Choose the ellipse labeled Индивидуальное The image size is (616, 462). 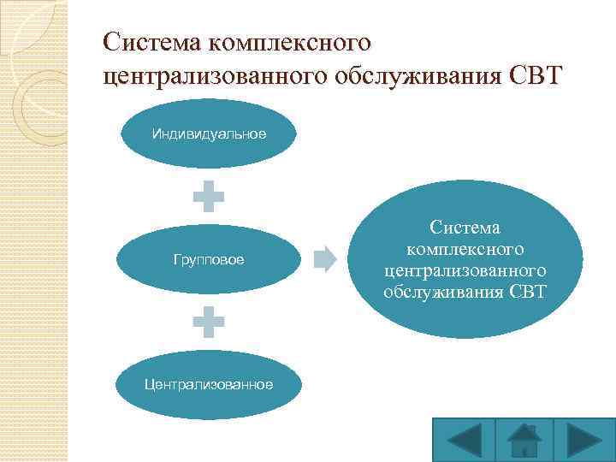click(209, 133)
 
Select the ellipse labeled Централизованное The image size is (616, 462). click(209, 384)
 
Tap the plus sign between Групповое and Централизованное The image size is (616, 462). click(209, 323)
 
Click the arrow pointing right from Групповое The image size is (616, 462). click(325, 258)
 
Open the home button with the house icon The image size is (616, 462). click(523, 440)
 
